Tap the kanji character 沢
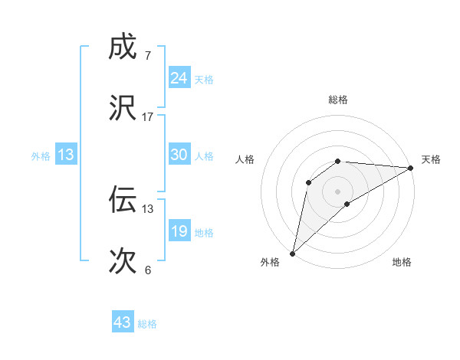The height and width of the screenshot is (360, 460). click(x=123, y=108)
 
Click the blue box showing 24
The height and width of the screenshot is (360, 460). click(x=179, y=78)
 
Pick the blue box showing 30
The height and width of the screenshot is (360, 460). click(x=179, y=155)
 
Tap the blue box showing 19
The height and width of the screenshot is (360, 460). click(x=179, y=231)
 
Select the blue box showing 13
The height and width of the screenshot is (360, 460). click(x=66, y=155)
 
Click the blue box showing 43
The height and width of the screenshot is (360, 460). click(x=123, y=322)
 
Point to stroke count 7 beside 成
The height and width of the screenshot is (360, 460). click(x=147, y=55)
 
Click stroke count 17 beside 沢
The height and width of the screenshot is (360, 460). click(x=148, y=116)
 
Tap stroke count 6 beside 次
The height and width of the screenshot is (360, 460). click(x=147, y=270)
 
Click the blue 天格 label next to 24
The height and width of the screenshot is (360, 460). click(x=204, y=80)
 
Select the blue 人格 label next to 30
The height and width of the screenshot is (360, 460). click(x=204, y=156)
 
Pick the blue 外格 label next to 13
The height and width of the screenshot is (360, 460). click(x=41, y=156)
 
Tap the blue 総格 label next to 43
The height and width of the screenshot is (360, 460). click(x=147, y=324)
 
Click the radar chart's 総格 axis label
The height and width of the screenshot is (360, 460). click(x=338, y=100)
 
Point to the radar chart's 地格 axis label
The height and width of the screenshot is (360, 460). click(x=402, y=262)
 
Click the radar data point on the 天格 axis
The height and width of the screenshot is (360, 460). click(x=411, y=168)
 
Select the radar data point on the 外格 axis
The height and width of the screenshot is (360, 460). click(x=292, y=253)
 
